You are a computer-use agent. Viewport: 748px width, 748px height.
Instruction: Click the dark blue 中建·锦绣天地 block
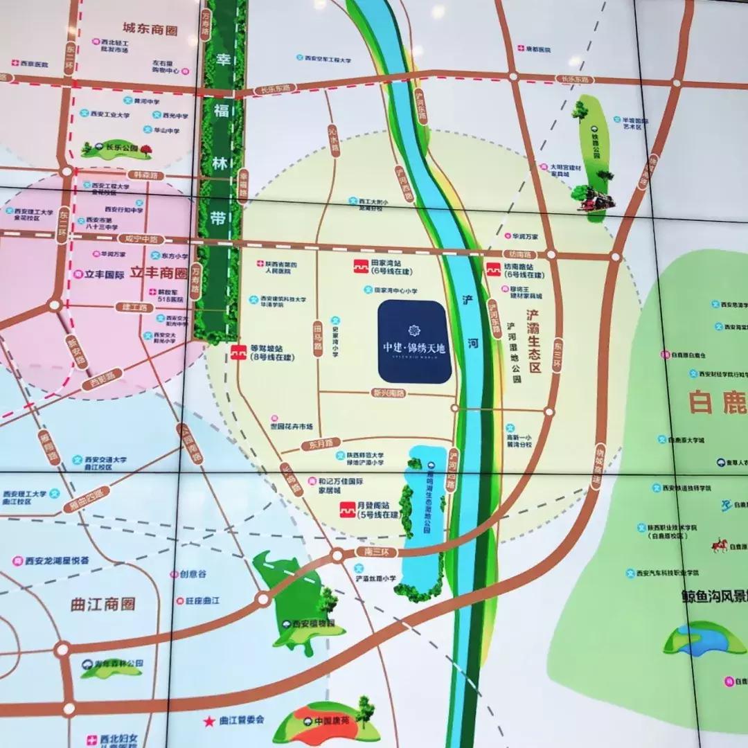point(415,341)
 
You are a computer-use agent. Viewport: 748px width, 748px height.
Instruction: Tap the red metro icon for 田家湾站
point(360,266)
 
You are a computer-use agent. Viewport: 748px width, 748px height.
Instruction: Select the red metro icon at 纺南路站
point(493,268)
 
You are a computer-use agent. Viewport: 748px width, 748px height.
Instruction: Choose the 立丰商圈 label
point(161,274)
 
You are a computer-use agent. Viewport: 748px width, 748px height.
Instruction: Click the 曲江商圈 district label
point(103,605)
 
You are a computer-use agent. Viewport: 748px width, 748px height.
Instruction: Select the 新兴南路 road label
point(388,393)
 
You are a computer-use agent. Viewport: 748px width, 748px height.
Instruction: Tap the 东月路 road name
point(321,442)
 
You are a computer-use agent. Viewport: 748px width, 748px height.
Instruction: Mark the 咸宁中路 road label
point(137,238)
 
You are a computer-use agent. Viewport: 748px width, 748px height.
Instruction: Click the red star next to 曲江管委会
point(208,721)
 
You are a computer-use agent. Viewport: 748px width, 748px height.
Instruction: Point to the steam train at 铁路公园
point(598,199)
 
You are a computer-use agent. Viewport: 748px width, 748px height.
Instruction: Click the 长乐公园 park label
point(119,148)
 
